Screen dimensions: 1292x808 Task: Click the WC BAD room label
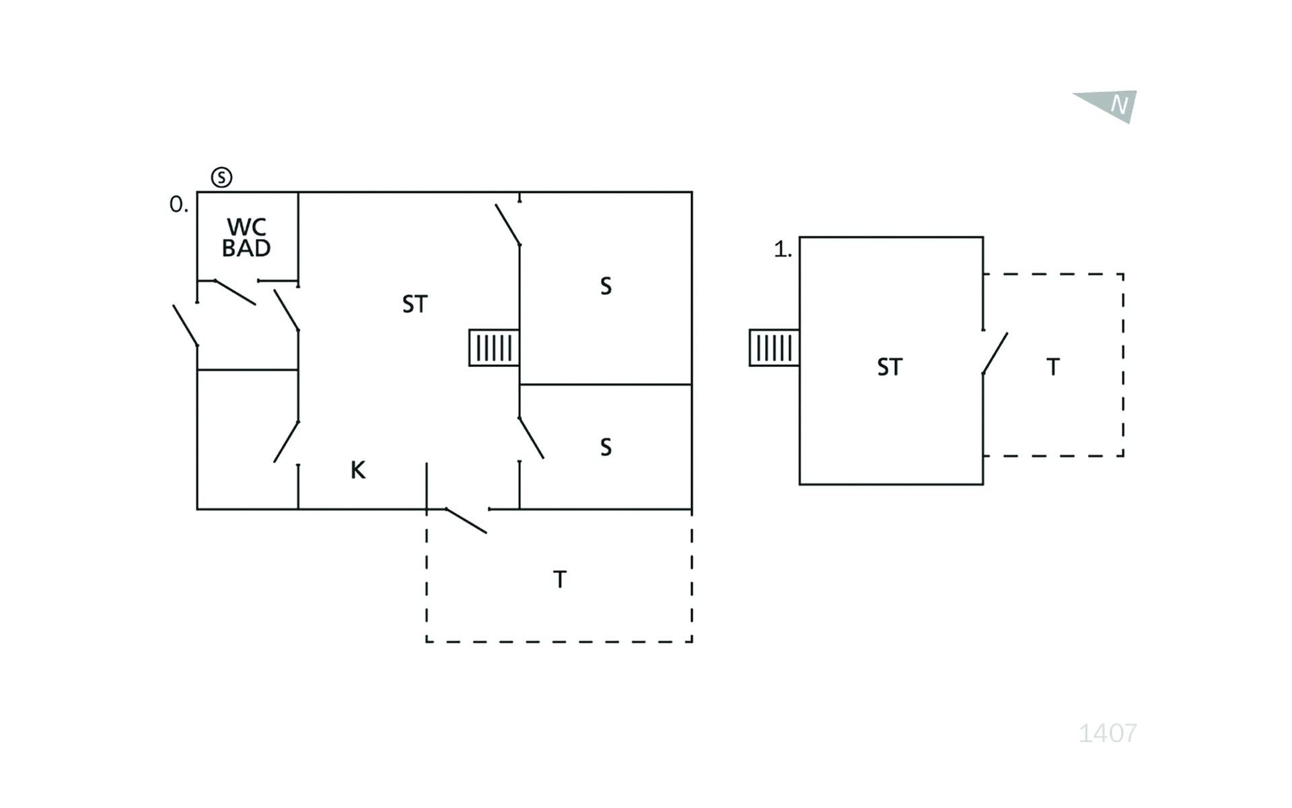coord(246,238)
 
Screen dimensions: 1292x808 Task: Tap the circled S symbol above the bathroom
coord(221,177)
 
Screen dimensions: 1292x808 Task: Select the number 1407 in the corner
coord(1108,733)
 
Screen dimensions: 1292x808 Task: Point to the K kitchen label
coord(358,470)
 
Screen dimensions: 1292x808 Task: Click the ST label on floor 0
coord(415,304)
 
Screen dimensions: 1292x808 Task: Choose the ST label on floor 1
coord(890,367)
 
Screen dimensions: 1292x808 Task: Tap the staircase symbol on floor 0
coord(494,347)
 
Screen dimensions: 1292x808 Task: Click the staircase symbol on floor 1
coord(775,347)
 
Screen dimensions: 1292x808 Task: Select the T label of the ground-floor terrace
coord(560,579)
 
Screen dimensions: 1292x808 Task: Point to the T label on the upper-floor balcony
coord(1053,367)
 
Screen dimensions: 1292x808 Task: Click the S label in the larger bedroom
coord(606,286)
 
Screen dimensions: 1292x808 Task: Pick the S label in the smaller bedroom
coord(606,447)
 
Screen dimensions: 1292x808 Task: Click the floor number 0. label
coord(178,204)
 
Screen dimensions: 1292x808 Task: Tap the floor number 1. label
coord(783,250)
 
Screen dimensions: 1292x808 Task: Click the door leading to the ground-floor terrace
coord(466,520)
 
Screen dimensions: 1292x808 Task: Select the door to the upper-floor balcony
coord(995,353)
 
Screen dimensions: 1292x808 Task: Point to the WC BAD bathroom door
coord(234,292)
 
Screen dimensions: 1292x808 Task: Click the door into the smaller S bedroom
coord(531,438)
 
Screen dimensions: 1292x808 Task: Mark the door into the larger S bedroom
coord(508,224)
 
